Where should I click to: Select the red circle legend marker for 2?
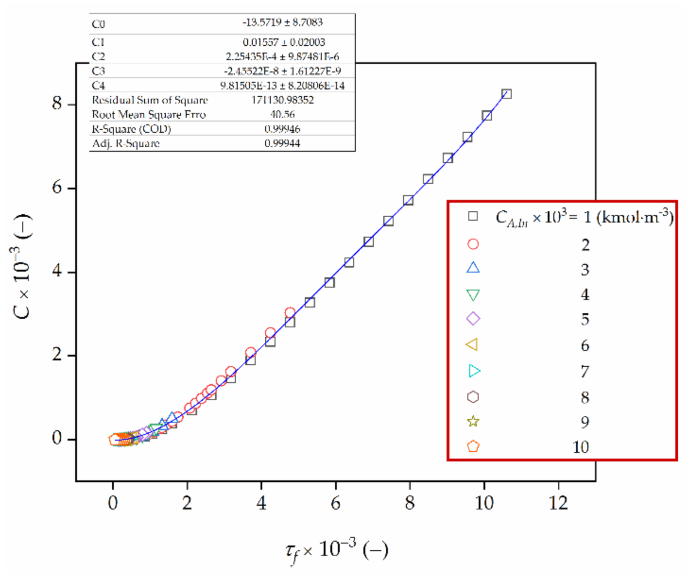point(473,244)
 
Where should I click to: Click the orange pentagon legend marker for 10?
point(473,446)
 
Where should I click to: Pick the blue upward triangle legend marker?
point(473,268)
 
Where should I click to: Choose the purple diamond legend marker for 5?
point(473,319)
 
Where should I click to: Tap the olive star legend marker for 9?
point(473,421)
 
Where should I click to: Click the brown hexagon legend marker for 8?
point(473,396)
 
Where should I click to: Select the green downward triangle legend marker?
point(473,295)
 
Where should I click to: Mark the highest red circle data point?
point(290,313)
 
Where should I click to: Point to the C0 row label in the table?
point(99,24)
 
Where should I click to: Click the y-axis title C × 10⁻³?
point(22,272)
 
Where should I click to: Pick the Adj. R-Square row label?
point(125,143)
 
